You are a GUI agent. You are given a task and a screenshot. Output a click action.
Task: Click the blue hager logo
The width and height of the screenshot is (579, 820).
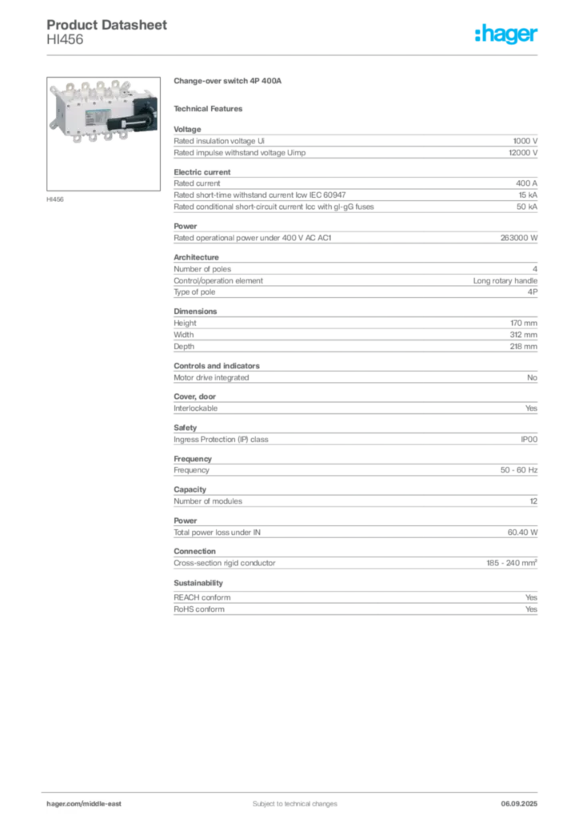(x=508, y=34)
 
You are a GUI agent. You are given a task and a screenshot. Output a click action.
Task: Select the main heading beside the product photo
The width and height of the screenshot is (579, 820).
(x=230, y=81)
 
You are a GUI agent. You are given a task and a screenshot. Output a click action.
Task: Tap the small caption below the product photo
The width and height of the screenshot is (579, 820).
(x=58, y=198)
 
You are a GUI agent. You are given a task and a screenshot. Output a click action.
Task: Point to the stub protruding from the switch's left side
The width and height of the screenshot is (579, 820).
(x=49, y=124)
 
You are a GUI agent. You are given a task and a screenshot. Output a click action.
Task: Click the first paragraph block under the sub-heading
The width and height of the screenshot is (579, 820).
(x=354, y=144)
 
